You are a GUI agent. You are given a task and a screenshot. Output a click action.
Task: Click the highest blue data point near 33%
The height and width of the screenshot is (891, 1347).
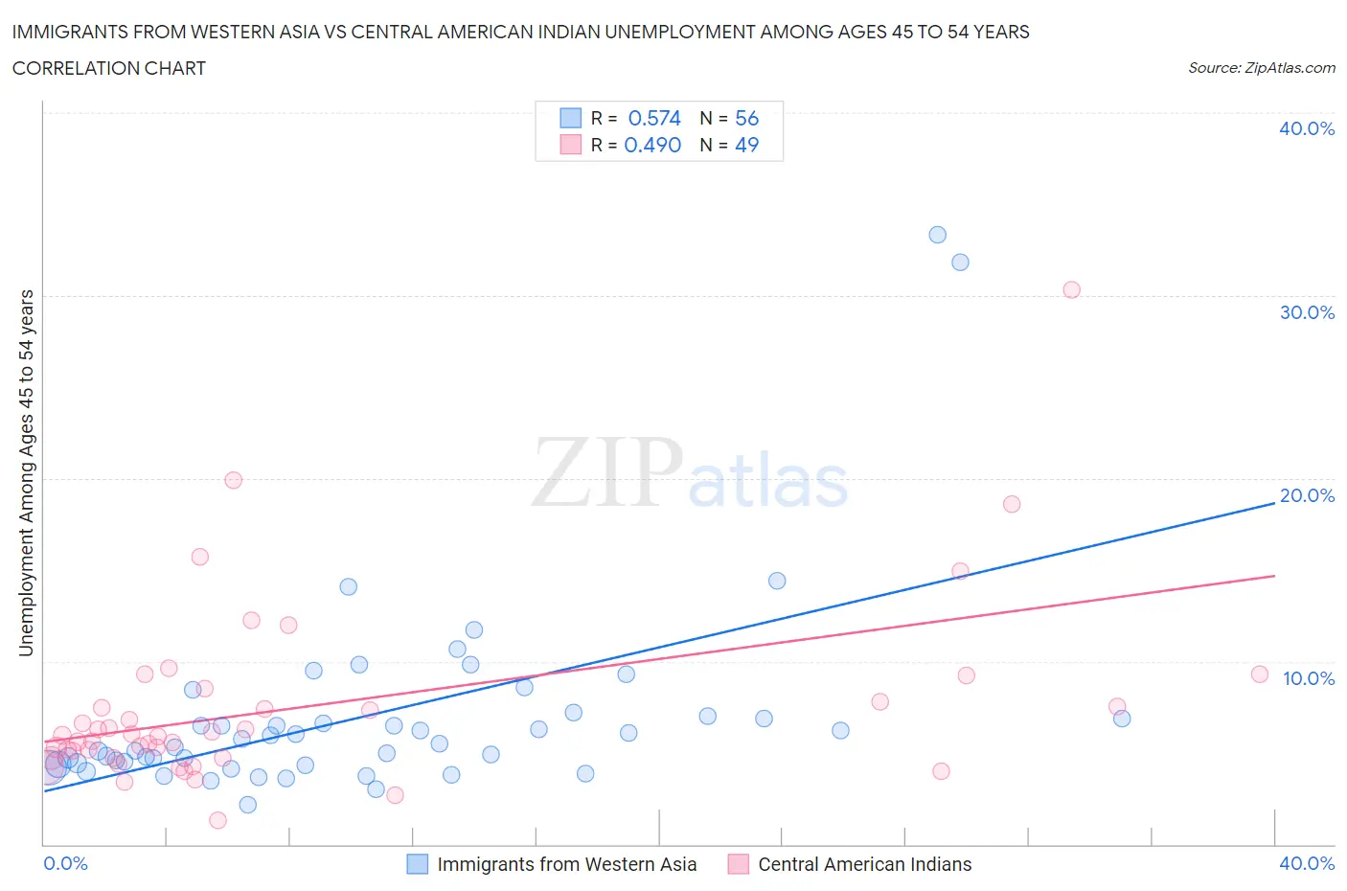click(x=937, y=235)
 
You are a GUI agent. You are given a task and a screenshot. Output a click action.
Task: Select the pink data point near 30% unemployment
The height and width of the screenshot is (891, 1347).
click(x=1071, y=289)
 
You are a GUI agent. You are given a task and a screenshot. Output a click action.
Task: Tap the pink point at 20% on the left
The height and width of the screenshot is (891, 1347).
click(x=233, y=480)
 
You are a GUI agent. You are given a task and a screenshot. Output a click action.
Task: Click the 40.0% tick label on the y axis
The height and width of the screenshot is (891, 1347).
click(x=1306, y=128)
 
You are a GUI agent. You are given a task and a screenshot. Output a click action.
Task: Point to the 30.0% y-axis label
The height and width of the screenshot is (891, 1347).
click(x=1306, y=312)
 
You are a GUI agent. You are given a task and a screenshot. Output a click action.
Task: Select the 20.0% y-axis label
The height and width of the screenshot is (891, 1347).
click(x=1306, y=495)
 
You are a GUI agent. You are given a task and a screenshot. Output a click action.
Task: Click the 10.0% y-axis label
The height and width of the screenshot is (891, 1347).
click(x=1308, y=678)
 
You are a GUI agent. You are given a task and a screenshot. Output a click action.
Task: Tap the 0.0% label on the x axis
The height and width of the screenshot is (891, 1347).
click(x=65, y=863)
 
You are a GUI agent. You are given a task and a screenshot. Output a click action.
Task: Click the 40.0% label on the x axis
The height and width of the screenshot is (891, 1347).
click(x=1306, y=863)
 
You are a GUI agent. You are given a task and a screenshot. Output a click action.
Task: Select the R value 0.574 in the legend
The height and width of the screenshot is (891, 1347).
click(x=653, y=118)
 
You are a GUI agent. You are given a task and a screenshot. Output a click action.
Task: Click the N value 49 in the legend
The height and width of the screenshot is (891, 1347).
click(x=746, y=145)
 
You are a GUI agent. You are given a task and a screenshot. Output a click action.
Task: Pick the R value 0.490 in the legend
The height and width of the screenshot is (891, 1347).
click(x=652, y=145)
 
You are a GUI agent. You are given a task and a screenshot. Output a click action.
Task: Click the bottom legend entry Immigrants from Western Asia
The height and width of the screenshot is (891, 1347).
click(x=566, y=864)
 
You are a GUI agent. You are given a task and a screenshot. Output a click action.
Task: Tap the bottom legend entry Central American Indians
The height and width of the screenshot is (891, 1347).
click(x=864, y=864)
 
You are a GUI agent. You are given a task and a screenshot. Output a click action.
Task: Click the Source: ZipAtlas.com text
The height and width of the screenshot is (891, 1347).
click(x=1261, y=67)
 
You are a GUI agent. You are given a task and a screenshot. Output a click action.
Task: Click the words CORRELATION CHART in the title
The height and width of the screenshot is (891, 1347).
click(x=109, y=68)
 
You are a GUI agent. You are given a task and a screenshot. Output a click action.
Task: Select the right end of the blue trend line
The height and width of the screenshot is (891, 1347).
click(x=1273, y=502)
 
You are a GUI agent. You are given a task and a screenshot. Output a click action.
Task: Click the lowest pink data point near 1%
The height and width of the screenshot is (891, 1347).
click(x=217, y=820)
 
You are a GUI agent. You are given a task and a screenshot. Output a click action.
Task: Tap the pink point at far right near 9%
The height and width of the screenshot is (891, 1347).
click(x=1259, y=674)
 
